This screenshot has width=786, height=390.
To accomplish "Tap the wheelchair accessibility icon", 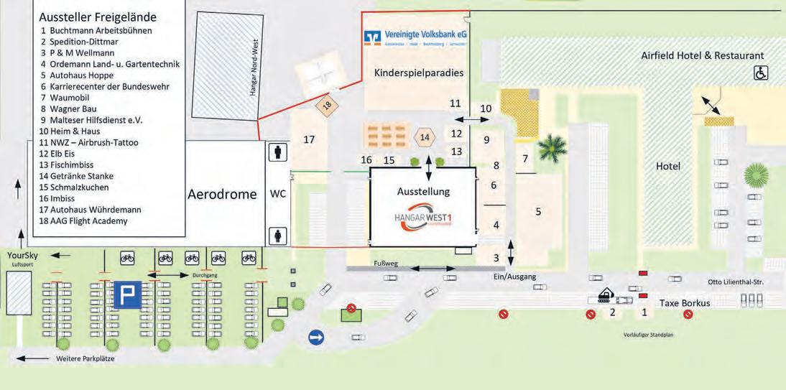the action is point(760,73).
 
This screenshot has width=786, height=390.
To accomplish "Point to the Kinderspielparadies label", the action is point(419,73).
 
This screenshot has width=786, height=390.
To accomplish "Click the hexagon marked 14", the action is point(425,136).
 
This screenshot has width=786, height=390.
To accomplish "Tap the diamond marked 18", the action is point(327,105).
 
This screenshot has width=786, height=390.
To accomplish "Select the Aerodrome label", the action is point(222,195).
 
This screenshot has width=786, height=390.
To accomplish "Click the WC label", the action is point(277,195).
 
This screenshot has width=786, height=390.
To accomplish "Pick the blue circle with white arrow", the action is point(316,337).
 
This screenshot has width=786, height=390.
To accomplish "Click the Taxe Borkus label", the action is point(684,303).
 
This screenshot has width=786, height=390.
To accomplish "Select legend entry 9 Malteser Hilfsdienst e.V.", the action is point(91,120).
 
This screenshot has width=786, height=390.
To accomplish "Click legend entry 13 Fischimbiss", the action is point(77,164).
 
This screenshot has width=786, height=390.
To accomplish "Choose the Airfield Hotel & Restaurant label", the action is point(703,55).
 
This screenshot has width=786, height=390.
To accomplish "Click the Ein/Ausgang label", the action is point(515,277).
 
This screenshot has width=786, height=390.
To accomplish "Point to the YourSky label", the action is point(22,255).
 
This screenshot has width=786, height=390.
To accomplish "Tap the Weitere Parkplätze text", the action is point(85,358).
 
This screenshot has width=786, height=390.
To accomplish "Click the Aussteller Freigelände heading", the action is point(98,17).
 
